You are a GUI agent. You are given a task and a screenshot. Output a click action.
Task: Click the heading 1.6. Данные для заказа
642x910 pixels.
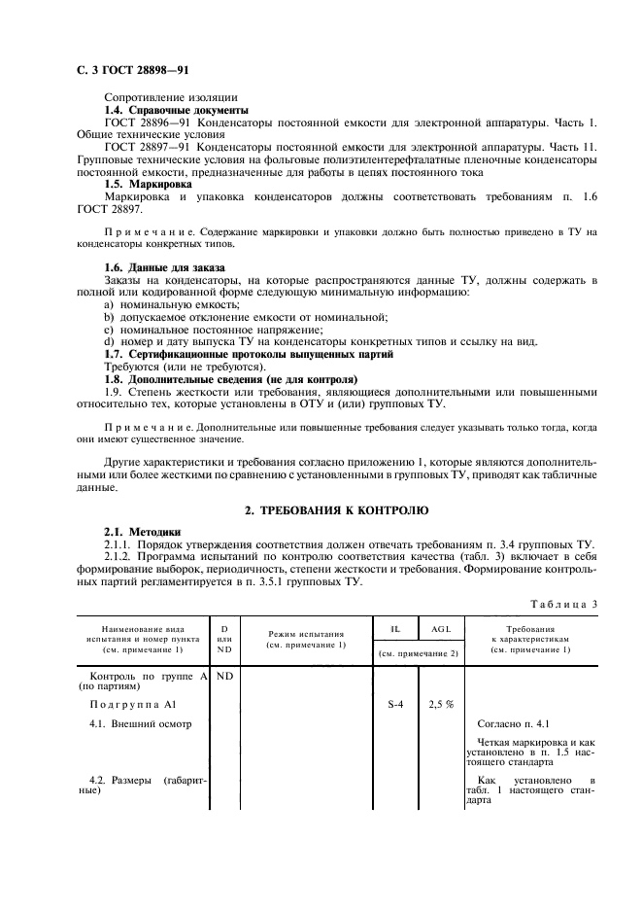click(164, 267)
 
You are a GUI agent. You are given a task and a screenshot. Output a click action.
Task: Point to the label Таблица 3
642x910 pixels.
click(564, 604)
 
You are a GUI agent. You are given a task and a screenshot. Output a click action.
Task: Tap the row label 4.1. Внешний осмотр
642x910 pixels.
click(141, 724)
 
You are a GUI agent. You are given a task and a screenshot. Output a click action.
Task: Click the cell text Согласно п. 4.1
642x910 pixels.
click(514, 724)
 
